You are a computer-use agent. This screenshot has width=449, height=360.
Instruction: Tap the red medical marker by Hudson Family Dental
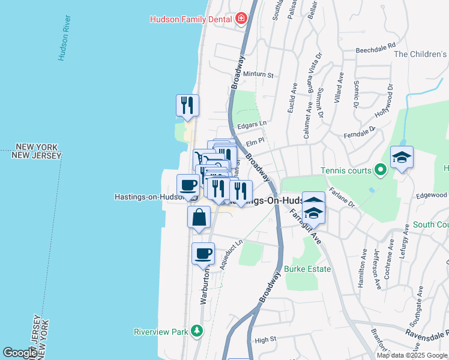point(241,19)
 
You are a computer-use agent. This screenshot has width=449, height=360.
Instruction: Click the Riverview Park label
point(160,331)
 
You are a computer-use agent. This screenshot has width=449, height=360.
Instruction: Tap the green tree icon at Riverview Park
point(196,331)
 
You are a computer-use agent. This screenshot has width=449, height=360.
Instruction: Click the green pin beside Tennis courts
point(379,170)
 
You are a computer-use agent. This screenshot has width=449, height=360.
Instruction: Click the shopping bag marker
point(199,218)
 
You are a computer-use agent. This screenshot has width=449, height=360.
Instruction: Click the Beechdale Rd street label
point(376,46)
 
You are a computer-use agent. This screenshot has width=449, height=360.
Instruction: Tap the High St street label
point(265,339)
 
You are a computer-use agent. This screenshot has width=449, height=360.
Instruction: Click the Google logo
point(20,353)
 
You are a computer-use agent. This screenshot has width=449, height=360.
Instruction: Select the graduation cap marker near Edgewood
point(402,158)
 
